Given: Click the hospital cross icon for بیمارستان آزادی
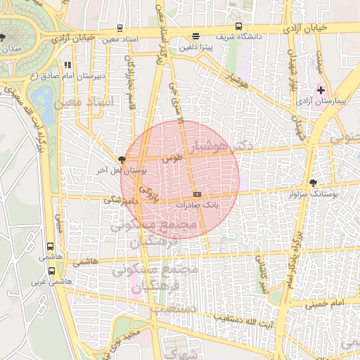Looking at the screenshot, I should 321,90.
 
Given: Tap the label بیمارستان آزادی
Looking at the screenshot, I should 332,103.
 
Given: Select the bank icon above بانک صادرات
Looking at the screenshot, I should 197,193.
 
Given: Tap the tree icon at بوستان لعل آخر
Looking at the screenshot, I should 122,160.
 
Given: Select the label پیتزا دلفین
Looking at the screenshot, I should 194,47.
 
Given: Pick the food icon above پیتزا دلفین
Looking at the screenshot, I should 195,36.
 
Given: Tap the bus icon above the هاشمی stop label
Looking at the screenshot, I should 50,247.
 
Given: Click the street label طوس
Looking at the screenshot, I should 172,158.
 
